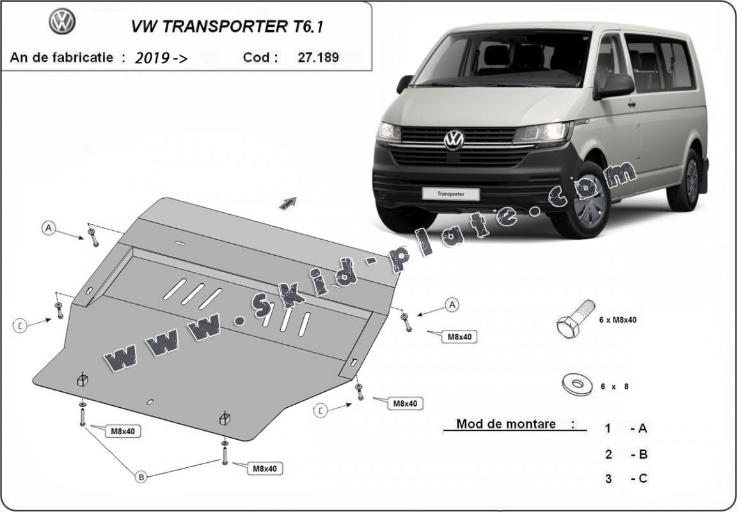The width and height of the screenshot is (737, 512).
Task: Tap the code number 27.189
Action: [318, 58]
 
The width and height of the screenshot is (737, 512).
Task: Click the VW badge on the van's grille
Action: [454, 140]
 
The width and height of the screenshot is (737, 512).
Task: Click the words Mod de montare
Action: [506, 424]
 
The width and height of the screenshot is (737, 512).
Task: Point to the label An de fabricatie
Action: [63, 58]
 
